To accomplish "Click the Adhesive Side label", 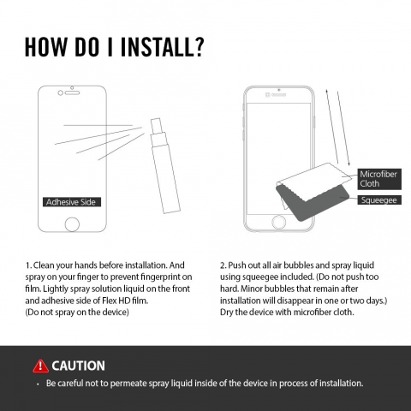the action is coord(72,202).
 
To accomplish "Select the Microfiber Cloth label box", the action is coord(379,179).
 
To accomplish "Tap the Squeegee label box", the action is coord(379,200).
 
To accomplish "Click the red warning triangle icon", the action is coord(40,366).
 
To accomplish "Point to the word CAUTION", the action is coord(78,366).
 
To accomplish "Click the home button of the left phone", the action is coord(72,224).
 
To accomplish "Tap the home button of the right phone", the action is coord(278,222).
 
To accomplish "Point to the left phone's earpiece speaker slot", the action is coord(72,92).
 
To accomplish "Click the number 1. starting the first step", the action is coord(28,265).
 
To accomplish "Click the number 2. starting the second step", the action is coord(223,265).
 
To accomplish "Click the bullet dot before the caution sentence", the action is coord(38,384).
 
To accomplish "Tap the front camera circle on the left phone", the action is coord(60,92).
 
